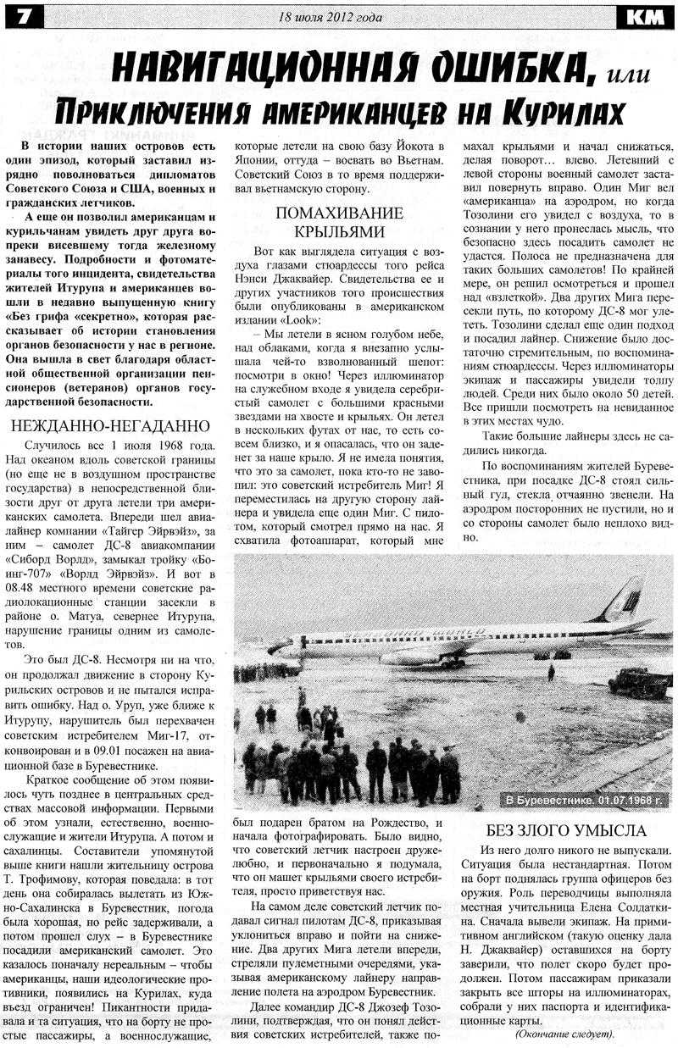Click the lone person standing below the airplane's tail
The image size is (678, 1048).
(551, 673)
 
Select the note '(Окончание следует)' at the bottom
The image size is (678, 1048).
(564, 1034)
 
